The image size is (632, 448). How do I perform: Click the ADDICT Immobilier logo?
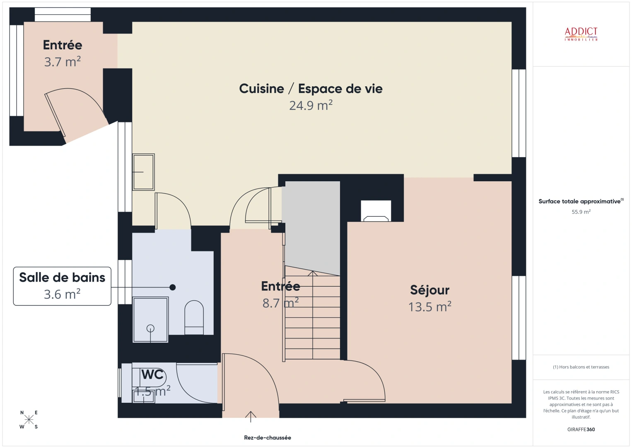(x=581, y=34)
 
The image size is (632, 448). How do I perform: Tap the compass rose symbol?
(x=29, y=419)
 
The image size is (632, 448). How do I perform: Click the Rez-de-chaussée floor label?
(x=267, y=438)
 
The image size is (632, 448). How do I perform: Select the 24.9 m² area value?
(x=311, y=106)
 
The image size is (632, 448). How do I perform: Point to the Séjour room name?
(x=429, y=290)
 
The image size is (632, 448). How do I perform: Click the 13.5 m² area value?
(x=429, y=307)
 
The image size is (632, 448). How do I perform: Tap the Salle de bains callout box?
(x=62, y=286)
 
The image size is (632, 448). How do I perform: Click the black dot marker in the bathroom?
(x=173, y=287)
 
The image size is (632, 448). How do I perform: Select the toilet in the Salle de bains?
(x=194, y=317)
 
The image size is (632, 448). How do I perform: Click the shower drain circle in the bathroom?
(x=150, y=329)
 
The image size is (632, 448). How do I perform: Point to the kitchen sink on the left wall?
(x=143, y=172)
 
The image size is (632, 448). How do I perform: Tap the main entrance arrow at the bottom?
(x=251, y=416)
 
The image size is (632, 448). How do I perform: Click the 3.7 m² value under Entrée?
(x=62, y=62)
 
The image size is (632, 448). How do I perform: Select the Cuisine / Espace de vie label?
(x=311, y=89)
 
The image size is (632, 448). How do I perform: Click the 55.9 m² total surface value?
(x=581, y=212)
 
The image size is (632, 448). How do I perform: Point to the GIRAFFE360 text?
(x=581, y=429)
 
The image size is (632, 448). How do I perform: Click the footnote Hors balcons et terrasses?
(x=581, y=367)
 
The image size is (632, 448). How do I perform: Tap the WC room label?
(x=152, y=375)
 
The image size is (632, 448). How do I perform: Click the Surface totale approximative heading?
(x=580, y=202)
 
